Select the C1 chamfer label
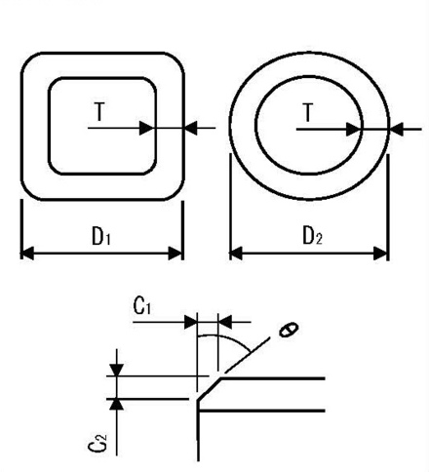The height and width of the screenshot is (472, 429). [142, 306]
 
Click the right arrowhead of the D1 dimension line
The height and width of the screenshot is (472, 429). [175, 254]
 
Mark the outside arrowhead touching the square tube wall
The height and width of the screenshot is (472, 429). [191, 127]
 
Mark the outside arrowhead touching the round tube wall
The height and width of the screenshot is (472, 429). [395, 127]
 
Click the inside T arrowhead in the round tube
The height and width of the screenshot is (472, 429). [356, 127]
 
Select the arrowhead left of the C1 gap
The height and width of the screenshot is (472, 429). [191, 319]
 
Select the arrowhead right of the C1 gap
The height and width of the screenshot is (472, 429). [223, 319]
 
